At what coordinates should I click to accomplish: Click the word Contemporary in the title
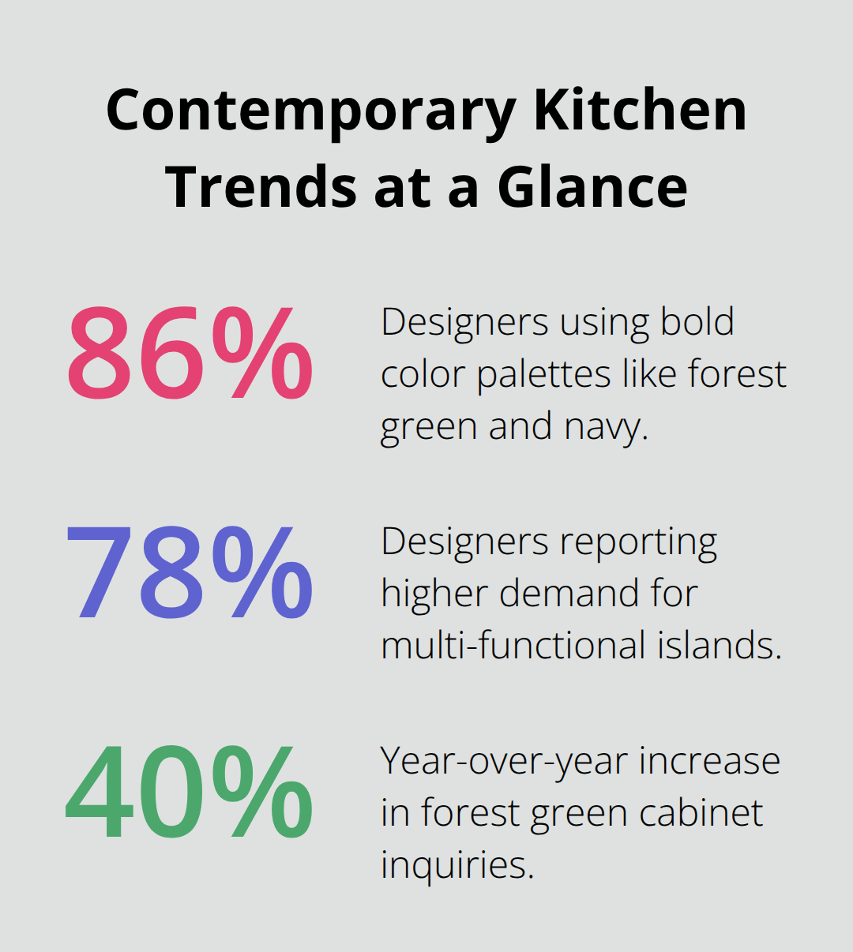click(x=311, y=111)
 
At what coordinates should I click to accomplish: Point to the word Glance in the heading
click(x=592, y=187)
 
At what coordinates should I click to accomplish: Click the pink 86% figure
click(x=190, y=354)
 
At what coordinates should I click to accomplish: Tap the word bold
click(x=697, y=321)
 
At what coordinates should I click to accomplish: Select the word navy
click(x=606, y=427)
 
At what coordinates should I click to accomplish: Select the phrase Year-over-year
click(x=504, y=762)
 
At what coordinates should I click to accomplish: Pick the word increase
click(x=709, y=762)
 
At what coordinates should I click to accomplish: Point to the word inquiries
click(x=457, y=865)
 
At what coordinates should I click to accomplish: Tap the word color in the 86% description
click(x=422, y=374)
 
